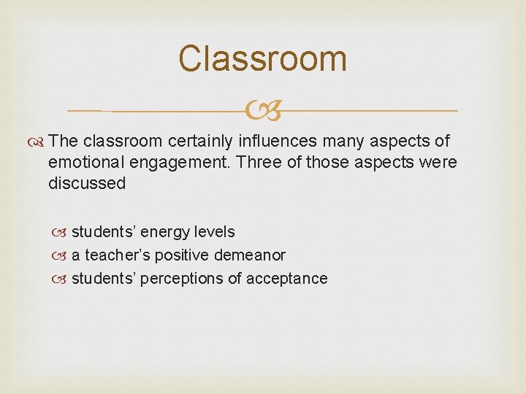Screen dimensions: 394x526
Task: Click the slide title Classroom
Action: pos(263,58)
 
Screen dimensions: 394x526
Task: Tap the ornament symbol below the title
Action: pos(263,112)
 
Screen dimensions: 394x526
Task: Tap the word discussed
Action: pos(87,183)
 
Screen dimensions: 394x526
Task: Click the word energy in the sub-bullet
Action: pos(163,232)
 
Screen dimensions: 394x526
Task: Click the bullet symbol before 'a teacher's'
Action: pos(60,256)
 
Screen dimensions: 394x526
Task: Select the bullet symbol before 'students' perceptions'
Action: pos(60,279)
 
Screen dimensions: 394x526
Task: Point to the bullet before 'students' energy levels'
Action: pos(60,233)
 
